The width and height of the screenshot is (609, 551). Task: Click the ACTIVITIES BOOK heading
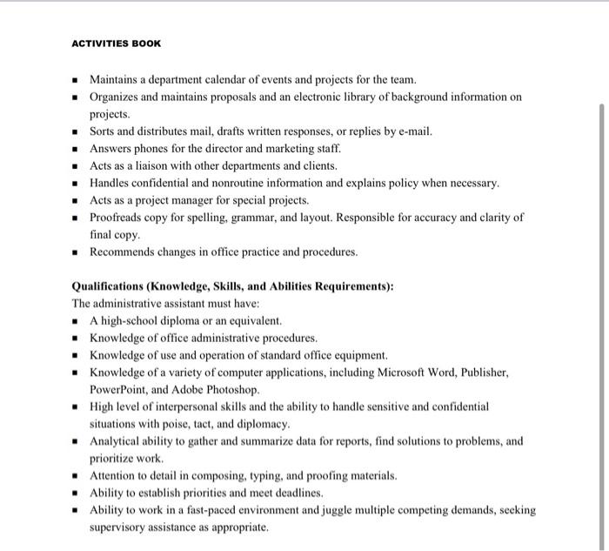coord(117,43)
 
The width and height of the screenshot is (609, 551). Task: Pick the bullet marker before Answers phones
coord(77,149)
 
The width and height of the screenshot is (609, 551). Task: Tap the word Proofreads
coord(117,218)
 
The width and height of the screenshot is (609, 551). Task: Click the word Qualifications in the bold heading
coord(107,286)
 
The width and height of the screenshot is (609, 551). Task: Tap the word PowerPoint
coord(120,389)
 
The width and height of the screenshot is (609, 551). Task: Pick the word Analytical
coord(117,440)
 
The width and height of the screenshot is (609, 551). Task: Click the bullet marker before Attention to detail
coord(77,476)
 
